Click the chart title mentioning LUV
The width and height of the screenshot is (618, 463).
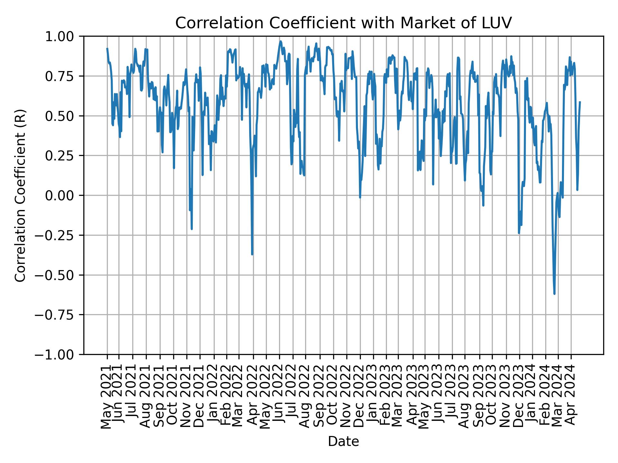(x=343, y=23)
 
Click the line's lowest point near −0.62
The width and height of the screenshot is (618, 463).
(x=554, y=294)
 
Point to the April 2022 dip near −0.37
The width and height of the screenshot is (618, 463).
(x=252, y=254)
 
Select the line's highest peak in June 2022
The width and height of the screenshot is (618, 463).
(x=280, y=41)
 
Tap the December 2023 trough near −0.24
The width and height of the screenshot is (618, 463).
(x=519, y=233)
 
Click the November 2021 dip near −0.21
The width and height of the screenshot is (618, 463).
(x=192, y=229)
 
